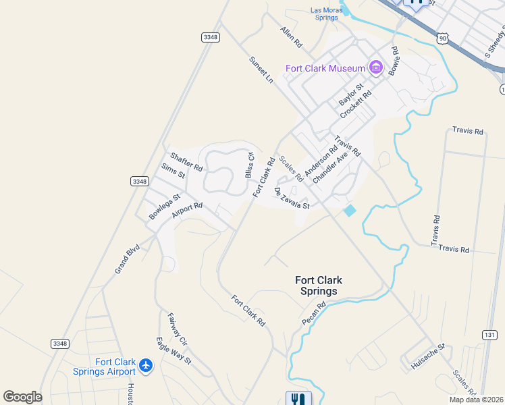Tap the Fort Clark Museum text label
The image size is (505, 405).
click(x=325, y=67)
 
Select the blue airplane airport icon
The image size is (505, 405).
click(x=147, y=366)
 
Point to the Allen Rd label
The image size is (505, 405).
click(x=292, y=37)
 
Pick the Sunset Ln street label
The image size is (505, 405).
click(x=261, y=70)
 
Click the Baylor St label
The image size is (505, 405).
click(x=351, y=94)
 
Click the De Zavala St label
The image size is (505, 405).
click(x=292, y=198)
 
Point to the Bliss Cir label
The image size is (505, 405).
click(x=250, y=165)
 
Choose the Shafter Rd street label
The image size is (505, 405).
click(x=186, y=161)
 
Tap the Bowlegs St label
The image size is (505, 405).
click(x=165, y=207)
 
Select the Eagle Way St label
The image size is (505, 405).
click(x=174, y=350)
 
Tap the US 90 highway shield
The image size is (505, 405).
click(x=442, y=39)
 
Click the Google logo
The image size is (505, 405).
click(x=22, y=397)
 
